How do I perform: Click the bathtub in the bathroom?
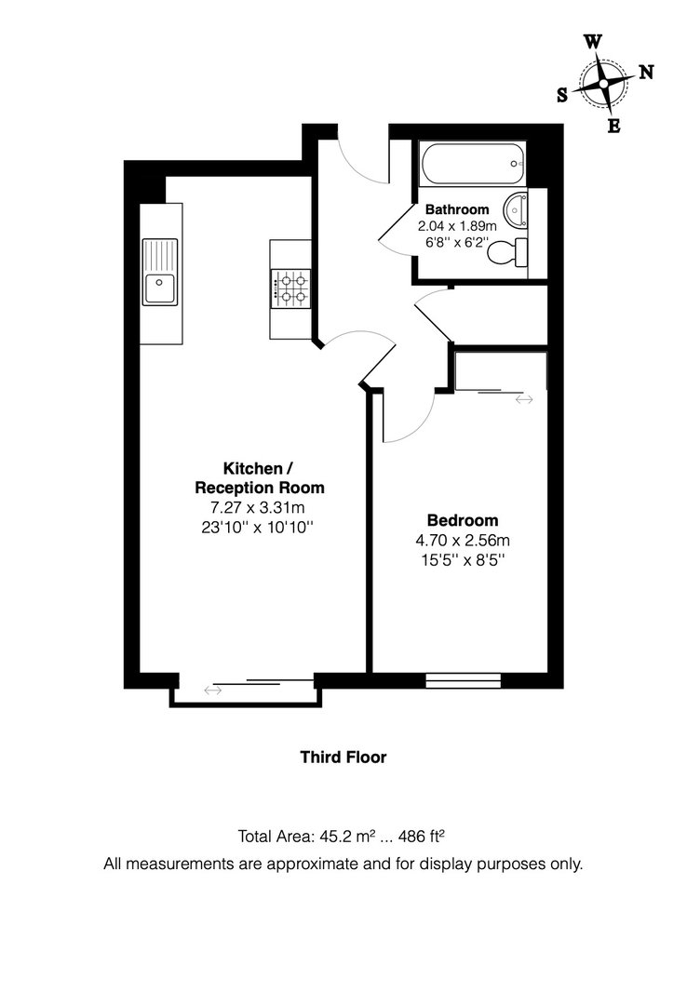point(473,164)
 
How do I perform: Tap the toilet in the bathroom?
point(506,252)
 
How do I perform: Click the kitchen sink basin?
point(160,289)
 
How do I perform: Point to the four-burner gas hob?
point(290,288)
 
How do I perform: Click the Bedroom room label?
point(463,520)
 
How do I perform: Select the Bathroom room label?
point(457,209)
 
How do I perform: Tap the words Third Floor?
point(343,757)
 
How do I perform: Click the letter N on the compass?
point(646,73)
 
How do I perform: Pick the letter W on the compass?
point(593,42)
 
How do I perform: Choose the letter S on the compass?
point(562,96)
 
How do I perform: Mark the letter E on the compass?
point(613,127)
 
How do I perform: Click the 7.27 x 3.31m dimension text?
point(257,508)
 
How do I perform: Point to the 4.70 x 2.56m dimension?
point(463,541)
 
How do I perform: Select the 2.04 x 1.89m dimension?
point(457,226)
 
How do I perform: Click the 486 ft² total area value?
point(422,836)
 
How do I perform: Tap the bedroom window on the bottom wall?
point(464,680)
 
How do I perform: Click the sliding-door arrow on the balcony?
point(213,690)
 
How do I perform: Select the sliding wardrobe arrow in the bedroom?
point(524,399)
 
